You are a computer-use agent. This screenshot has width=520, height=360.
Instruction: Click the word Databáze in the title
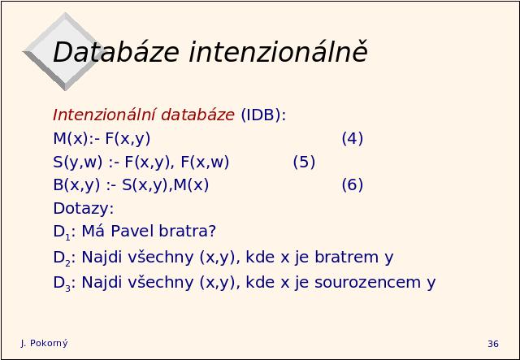[116, 52]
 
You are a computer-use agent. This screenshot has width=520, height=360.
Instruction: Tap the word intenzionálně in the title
[278, 51]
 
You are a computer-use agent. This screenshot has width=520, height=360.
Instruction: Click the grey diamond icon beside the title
[63, 51]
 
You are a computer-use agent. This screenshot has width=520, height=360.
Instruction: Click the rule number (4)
[352, 138]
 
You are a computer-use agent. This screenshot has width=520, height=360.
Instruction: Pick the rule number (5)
[304, 162]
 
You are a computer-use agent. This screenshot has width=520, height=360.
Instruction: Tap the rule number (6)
[352, 184]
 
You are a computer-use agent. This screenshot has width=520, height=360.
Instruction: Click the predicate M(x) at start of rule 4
[71, 138]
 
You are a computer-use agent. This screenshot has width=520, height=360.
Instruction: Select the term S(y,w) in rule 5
[78, 162]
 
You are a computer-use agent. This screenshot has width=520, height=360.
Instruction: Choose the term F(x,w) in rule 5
[205, 162]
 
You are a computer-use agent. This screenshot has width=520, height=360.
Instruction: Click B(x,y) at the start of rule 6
[76, 184]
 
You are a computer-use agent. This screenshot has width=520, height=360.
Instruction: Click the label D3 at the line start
[62, 284]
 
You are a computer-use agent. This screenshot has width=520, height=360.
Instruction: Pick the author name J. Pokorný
[44, 344]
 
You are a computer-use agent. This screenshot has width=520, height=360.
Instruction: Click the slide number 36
[493, 344]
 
